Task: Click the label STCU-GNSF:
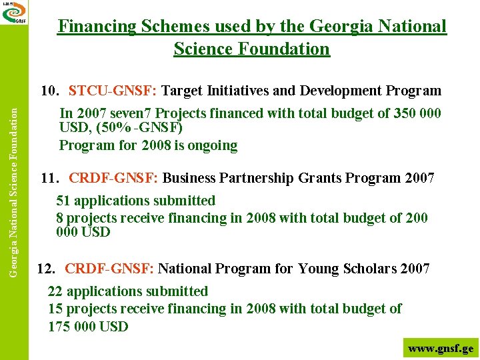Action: point(113,91)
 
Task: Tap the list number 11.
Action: point(50,178)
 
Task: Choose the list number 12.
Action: point(47,269)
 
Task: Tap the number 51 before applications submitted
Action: point(64,201)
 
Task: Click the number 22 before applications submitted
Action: point(56,291)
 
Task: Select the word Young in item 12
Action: point(319,269)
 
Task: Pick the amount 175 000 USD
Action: point(88,327)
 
